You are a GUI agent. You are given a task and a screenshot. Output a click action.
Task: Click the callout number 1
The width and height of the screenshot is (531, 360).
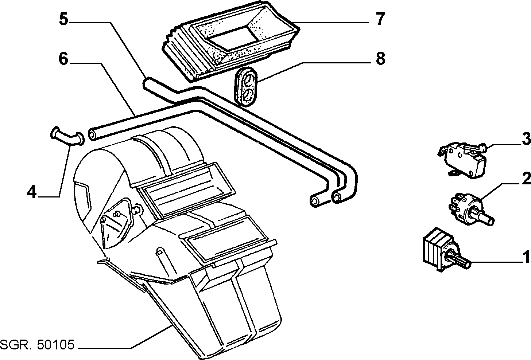pos(526,257)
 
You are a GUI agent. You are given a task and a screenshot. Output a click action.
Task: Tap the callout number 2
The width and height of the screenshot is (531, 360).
pos(526,179)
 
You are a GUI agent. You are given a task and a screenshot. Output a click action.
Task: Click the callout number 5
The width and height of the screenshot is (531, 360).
pos(63,19)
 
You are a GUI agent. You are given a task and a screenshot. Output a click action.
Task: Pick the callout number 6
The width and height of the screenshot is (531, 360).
pos(63,59)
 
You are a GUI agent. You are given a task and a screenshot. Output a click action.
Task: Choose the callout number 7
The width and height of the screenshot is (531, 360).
pos(380,19)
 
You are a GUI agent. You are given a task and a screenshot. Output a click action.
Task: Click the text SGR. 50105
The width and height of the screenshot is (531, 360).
pos(38,345)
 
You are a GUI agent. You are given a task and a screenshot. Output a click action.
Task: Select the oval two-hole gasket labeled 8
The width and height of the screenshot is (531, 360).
pos(246,87)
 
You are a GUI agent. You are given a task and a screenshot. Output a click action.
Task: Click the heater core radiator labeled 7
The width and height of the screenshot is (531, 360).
pos(231,42)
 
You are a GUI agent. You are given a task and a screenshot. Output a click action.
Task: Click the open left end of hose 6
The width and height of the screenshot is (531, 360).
pos(92,134)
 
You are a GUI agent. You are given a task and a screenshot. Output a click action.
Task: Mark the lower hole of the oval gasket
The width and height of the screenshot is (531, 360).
pos(248,95)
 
